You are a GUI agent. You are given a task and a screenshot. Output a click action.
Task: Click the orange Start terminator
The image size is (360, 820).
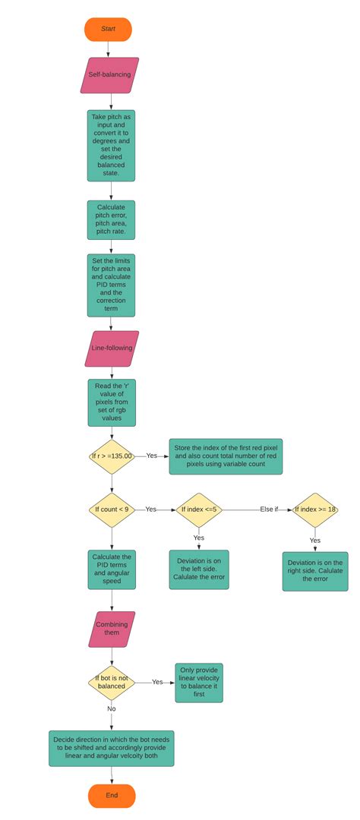(x=108, y=29)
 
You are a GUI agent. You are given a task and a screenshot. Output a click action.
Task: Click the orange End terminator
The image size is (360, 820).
(x=112, y=796)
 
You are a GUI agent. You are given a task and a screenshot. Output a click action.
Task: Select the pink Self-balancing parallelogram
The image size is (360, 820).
(x=110, y=75)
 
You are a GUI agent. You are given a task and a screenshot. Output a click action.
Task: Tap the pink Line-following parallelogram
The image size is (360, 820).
(x=112, y=348)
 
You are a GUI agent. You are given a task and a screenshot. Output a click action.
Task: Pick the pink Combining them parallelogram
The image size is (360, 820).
(x=112, y=629)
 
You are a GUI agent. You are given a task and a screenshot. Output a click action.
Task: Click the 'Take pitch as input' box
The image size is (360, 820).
(x=111, y=146)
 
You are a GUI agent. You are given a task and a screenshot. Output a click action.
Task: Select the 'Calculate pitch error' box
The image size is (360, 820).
(x=111, y=219)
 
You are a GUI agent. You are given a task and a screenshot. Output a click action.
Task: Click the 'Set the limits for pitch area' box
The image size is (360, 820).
(x=111, y=285)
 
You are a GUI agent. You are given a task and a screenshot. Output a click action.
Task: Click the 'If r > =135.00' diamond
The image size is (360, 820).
(x=112, y=456)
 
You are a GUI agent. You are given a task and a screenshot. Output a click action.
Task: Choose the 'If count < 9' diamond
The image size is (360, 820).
(x=112, y=509)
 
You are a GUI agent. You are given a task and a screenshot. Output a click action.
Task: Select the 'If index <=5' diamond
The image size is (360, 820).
(x=199, y=509)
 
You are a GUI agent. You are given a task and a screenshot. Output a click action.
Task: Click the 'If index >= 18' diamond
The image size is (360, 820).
(x=315, y=509)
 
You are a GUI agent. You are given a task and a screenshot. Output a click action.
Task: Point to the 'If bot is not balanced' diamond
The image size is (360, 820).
(x=111, y=683)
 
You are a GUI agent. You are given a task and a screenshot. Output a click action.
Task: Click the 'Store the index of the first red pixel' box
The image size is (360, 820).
(x=226, y=456)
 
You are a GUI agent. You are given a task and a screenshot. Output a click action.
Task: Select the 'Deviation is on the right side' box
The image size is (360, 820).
(x=315, y=572)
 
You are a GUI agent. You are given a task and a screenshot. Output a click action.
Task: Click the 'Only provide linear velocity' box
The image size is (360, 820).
(x=199, y=683)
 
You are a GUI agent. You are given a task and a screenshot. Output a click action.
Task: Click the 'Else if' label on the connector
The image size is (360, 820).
(x=270, y=509)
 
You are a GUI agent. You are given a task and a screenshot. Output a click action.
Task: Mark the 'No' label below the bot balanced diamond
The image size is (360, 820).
(x=112, y=708)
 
